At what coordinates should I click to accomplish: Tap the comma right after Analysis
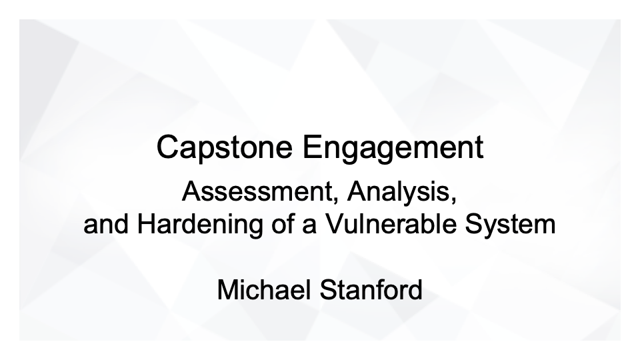click(x=456, y=199)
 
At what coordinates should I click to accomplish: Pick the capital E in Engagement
click(x=311, y=147)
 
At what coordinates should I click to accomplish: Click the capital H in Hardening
click(x=145, y=224)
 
